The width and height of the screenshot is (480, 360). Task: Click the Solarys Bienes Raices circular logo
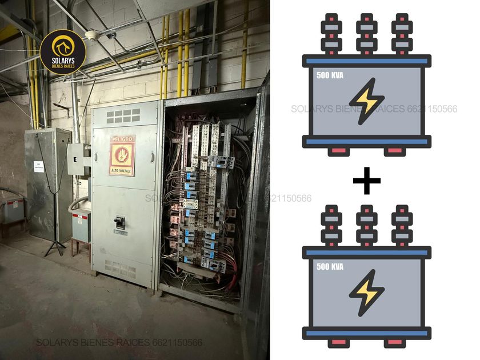pos(63,52)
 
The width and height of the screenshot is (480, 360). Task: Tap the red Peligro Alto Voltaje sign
pos(122,155)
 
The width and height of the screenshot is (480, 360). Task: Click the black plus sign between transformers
pos(366,182)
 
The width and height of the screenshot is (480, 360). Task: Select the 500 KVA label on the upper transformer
pos(330,74)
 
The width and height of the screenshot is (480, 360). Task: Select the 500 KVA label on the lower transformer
pos(330,266)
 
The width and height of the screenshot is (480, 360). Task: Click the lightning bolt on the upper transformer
pos(366,101)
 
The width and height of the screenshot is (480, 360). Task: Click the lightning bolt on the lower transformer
pos(366,293)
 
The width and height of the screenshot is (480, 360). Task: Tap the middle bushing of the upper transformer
pos(366,35)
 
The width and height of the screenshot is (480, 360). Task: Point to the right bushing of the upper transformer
pos(402,35)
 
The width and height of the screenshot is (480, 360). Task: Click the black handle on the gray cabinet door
pos(120,222)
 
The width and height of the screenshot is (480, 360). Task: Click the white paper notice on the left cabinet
pos(38,166)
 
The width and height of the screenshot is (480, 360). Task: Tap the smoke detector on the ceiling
pos(91,35)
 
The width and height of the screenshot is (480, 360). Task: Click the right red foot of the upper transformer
pos(394,151)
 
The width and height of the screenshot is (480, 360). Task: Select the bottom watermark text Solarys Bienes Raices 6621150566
pos(119,343)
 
